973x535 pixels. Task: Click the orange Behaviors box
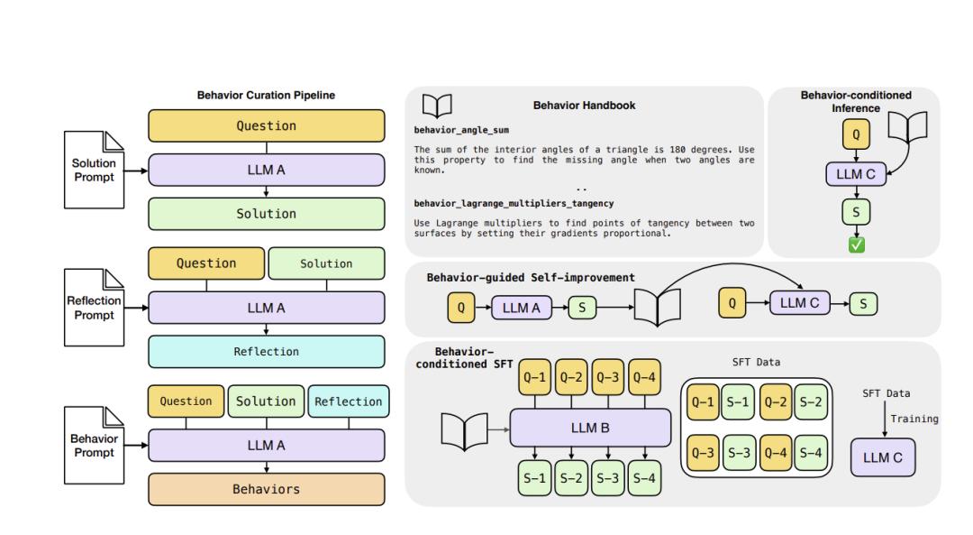[267, 489]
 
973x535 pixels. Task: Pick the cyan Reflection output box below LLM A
[267, 351]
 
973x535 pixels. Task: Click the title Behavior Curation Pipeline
[266, 96]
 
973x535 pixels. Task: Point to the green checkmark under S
[856, 244]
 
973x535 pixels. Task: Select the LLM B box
[590, 428]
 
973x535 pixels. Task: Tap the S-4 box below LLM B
[643, 477]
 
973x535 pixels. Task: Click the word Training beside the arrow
[914, 419]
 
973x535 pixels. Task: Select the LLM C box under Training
[883, 457]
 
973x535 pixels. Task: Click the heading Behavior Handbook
[584, 106]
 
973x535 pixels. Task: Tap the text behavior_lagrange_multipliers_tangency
[514, 204]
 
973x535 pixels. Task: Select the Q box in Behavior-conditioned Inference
[856, 135]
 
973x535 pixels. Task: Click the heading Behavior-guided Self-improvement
[532, 278]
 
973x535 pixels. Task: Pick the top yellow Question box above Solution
[267, 126]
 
